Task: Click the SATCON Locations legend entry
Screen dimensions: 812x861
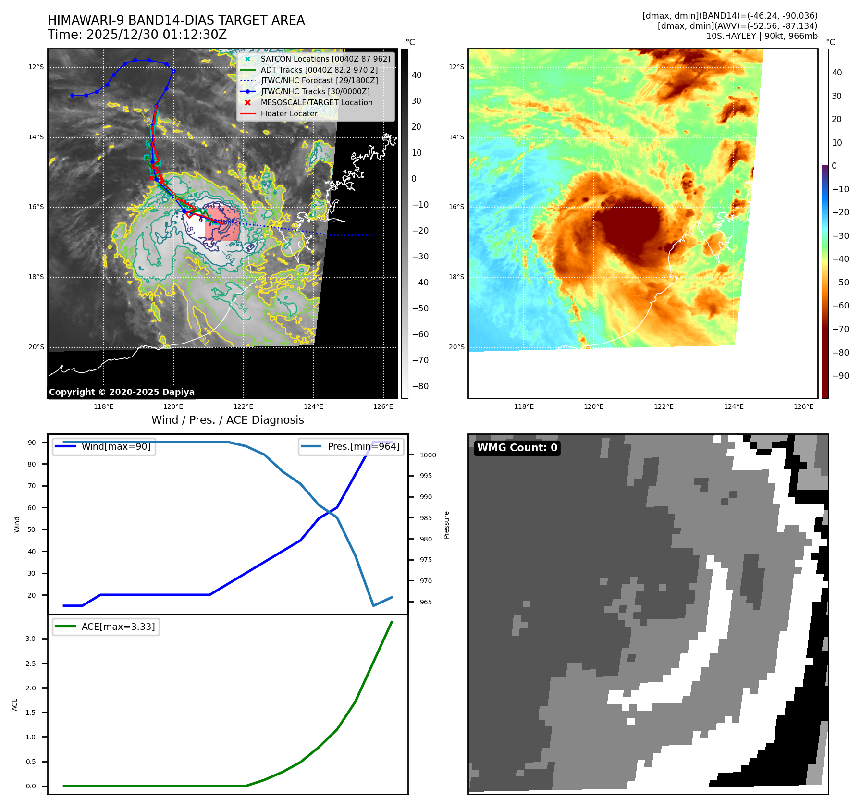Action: point(325,59)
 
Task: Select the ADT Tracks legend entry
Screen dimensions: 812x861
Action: point(319,70)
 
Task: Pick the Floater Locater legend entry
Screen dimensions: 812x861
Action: point(289,113)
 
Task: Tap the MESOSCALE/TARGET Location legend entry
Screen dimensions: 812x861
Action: point(316,102)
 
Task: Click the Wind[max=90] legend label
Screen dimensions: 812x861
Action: point(116,446)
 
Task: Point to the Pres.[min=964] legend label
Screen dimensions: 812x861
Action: point(363,446)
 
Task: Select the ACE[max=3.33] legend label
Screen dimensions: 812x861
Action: point(118,627)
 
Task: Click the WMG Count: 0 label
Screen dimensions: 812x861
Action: point(517,448)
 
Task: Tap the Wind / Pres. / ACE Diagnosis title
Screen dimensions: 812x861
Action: point(227,420)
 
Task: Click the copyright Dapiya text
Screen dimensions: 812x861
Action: point(122,392)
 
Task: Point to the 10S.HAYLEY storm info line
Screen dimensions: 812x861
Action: point(762,36)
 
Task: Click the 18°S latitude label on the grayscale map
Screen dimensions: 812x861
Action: point(36,277)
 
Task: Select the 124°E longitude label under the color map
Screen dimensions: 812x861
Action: point(734,406)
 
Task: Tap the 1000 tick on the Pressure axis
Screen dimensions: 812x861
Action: point(428,455)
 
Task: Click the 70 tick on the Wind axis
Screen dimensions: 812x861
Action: point(32,486)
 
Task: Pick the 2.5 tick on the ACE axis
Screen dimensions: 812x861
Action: point(31,664)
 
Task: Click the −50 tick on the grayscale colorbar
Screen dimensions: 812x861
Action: point(420,308)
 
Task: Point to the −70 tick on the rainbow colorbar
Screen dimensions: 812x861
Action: point(840,329)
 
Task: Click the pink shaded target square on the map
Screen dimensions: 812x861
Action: point(222,224)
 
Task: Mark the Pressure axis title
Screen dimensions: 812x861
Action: point(446,525)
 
